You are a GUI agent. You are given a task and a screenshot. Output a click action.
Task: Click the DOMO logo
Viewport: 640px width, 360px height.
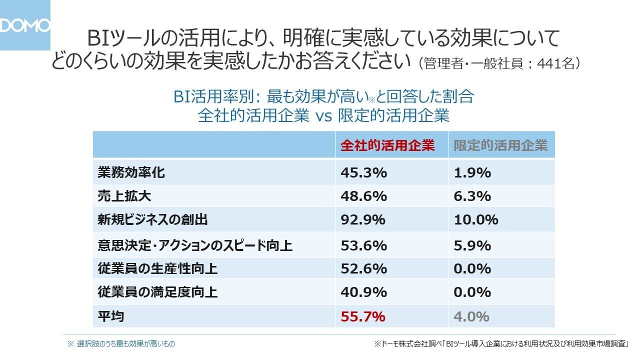coord(25,25)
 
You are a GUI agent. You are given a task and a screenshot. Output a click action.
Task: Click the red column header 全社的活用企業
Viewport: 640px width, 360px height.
coord(387,145)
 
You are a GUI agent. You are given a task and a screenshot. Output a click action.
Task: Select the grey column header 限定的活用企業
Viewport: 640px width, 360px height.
coord(500,145)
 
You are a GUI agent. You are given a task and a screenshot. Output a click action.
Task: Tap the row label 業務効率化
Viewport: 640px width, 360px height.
coord(131,173)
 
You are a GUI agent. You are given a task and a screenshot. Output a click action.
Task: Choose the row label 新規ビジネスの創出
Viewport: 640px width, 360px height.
coord(152,219)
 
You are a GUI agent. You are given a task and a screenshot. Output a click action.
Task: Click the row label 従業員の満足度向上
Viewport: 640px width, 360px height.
coord(157,292)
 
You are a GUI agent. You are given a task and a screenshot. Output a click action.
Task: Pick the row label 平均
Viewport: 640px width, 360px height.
coord(110,316)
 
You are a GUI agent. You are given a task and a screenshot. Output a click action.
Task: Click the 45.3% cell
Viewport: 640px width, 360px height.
coord(363,173)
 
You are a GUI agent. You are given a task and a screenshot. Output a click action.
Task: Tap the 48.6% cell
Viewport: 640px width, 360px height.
coord(363,196)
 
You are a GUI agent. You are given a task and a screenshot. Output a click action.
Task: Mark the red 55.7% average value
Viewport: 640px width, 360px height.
coord(363,316)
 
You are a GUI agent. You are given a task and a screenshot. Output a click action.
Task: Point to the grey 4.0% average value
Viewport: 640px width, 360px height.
coord(471,316)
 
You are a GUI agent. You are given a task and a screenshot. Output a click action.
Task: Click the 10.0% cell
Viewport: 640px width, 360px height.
coord(476,219)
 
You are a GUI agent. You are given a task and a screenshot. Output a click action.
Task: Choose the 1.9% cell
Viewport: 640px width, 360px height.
coord(472,173)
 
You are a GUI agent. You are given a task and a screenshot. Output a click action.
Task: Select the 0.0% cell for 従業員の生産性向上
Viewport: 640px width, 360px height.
coord(472,269)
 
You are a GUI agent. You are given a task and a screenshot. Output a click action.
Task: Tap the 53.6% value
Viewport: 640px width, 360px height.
coord(363,246)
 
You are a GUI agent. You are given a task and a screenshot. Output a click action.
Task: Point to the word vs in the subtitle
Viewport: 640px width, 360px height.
coord(323,115)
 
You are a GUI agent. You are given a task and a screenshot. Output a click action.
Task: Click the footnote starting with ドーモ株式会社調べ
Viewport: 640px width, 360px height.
coord(501,344)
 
